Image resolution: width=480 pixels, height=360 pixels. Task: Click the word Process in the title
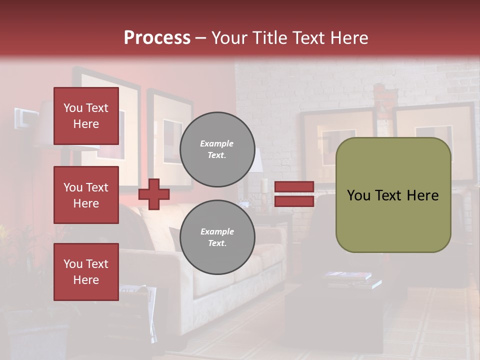[157, 38]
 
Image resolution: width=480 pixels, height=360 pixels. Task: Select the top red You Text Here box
[86, 116]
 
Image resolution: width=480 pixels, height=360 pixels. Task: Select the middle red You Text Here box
[86, 195]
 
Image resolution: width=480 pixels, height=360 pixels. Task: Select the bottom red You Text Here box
[86, 272]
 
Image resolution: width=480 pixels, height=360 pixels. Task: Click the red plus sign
[154, 194]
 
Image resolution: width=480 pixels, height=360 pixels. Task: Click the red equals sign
[294, 194]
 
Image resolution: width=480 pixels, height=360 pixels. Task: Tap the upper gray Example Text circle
[217, 149]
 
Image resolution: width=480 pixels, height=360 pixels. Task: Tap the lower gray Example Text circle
[217, 237]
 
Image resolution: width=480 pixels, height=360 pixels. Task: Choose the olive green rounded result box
[393, 195]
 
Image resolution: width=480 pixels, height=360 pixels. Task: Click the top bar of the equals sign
[294, 187]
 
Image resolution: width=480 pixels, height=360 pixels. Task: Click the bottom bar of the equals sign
[294, 201]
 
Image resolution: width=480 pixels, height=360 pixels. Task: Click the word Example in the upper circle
[217, 143]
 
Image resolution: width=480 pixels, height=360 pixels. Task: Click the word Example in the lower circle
[217, 231]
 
